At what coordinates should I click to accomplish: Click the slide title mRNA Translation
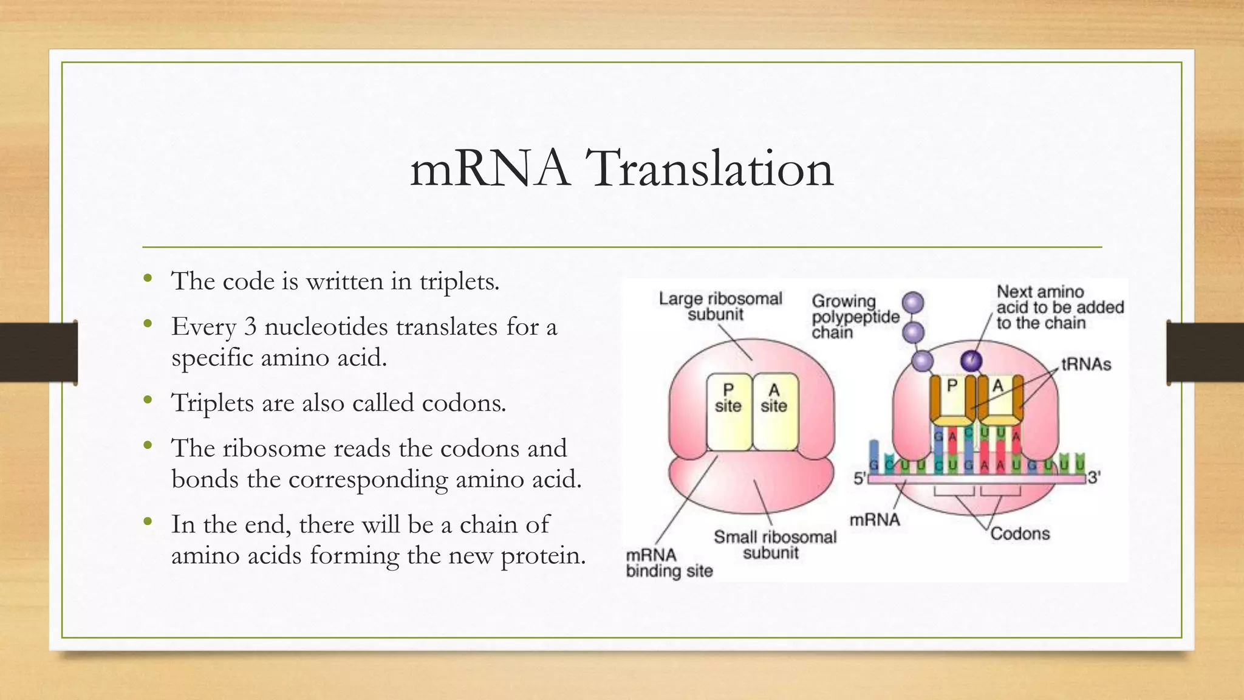point(621,168)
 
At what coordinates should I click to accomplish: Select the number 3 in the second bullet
point(250,327)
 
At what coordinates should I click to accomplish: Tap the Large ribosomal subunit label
point(720,306)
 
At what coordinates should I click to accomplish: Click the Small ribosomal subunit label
point(774,544)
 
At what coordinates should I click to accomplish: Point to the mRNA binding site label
point(669,563)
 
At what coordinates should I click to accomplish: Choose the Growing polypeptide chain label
point(855,317)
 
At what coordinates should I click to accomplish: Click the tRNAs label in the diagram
point(1085,365)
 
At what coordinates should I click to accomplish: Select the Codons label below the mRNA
point(1020,534)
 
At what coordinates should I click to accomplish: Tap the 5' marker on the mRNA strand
point(860,478)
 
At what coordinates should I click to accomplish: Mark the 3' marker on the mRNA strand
point(1093,478)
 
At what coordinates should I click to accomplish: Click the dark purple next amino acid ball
point(971,361)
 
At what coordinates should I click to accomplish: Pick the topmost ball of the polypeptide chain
point(913,303)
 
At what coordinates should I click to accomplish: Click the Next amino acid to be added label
point(1059,307)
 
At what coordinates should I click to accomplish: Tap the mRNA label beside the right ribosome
point(875,520)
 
